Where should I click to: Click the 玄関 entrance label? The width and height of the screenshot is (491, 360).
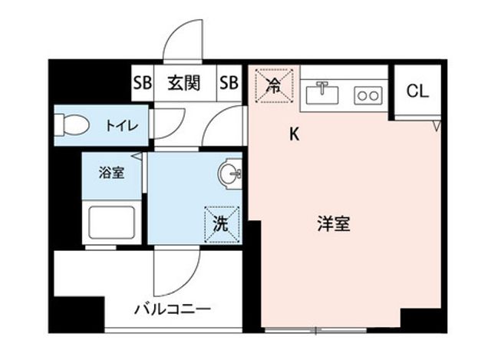tap(184, 84)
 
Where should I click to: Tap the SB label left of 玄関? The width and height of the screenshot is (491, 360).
tap(143, 83)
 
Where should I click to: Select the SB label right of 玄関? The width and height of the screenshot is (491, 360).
tap(229, 83)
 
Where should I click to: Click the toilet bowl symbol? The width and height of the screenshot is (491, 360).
tap(71, 124)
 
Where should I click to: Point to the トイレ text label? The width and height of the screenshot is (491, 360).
tap(122, 126)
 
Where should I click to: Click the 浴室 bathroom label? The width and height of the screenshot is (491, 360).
tap(111, 172)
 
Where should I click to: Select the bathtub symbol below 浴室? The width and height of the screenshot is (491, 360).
tap(112, 222)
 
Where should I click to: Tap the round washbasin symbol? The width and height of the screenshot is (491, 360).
tap(230, 173)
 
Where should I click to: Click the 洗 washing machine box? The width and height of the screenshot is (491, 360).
tap(222, 224)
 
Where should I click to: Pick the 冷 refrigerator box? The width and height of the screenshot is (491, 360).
tap(275, 86)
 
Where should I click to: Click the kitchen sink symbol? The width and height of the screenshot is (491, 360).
tap(322, 93)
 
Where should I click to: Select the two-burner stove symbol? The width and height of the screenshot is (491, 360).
tap(368, 95)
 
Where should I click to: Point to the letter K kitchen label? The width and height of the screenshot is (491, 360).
tap(294, 134)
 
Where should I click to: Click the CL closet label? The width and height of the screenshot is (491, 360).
tap(417, 91)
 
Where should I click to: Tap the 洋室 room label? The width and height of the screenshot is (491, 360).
tap(334, 223)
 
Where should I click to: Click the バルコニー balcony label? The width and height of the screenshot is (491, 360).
tap(173, 309)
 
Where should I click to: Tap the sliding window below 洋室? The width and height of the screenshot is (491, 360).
tap(315, 330)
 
